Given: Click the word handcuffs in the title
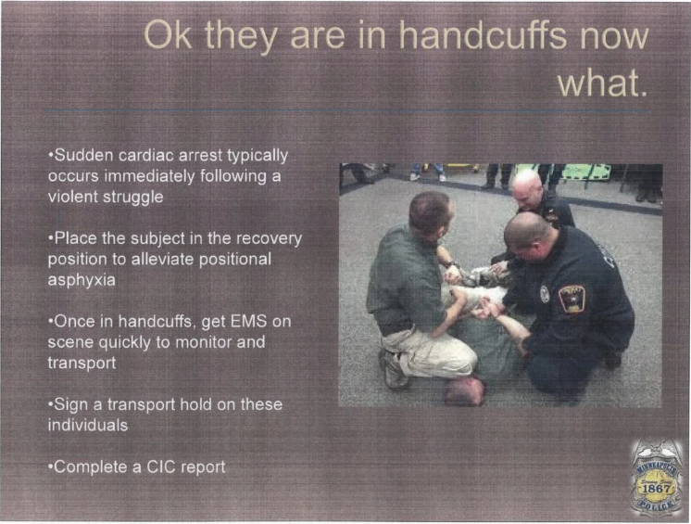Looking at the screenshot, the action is tap(483, 35).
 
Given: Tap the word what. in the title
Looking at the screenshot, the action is tap(603, 83).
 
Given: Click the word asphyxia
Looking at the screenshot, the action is tap(82, 280).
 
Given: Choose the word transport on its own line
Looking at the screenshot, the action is tap(82, 364).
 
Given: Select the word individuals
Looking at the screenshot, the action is tap(88, 425).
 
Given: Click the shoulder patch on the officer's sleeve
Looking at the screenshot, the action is tap(572, 298).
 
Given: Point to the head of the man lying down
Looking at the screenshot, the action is tap(464, 390).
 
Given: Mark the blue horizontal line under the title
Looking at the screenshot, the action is tap(347, 110).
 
